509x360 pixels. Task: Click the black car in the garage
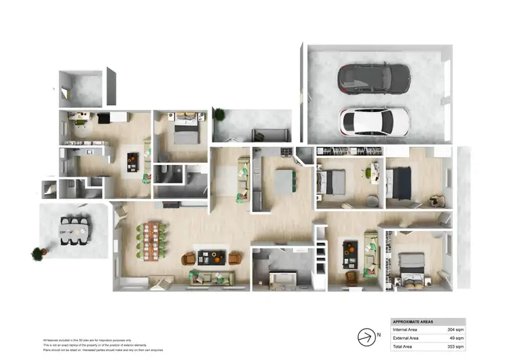[x=374, y=77]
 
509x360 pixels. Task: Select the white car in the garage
[x=375, y=122]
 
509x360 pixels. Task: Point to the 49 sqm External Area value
[x=455, y=338]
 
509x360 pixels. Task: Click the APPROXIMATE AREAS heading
[x=413, y=321]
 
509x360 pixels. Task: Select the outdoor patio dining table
[x=74, y=230]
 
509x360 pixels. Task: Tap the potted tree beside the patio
[x=37, y=254]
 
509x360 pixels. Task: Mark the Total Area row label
[x=403, y=346]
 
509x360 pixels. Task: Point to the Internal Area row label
[x=406, y=329]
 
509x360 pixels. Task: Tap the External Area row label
[x=406, y=338]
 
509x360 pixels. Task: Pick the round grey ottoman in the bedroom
[x=373, y=200]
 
